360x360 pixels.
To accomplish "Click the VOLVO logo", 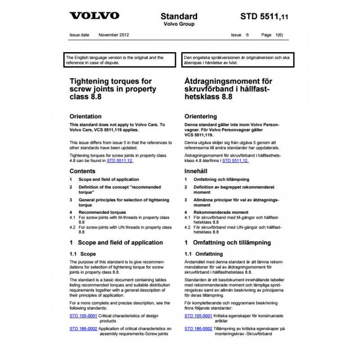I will [94, 16].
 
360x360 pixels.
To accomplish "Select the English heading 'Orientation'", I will [85, 116].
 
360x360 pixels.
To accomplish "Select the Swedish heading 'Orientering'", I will [201, 116].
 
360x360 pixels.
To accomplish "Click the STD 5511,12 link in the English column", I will [120, 160].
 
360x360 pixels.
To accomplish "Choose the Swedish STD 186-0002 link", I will [198, 329].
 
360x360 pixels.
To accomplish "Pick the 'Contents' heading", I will [82, 171].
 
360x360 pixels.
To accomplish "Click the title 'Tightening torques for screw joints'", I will [112, 89].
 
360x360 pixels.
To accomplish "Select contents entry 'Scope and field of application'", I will [109, 179].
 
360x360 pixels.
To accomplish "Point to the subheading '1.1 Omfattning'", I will [204, 254].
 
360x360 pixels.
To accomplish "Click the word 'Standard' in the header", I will [179, 17].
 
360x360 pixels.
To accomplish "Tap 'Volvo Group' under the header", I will [179, 25].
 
